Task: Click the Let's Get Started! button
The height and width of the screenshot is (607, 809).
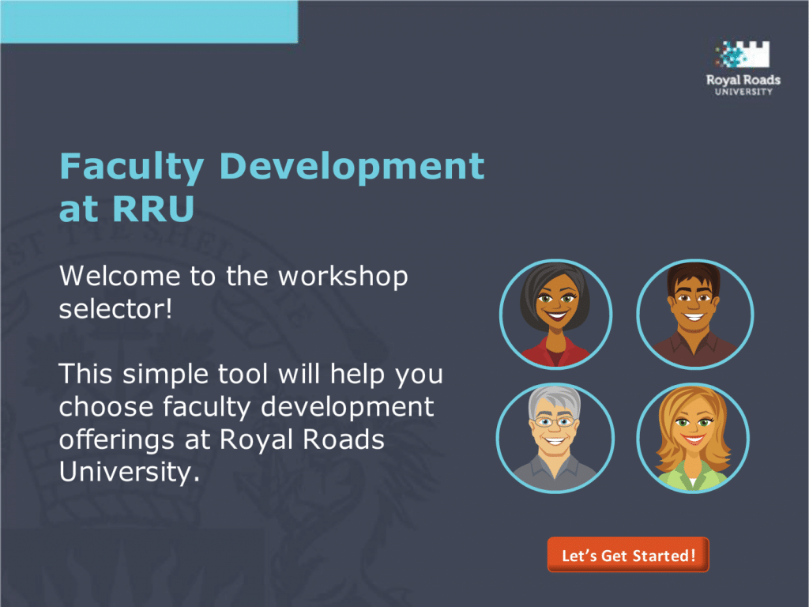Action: pyautogui.click(x=628, y=555)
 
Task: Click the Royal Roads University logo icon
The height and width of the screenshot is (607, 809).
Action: pyautogui.click(x=743, y=55)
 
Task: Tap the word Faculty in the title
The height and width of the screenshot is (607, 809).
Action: pyautogui.click(x=132, y=167)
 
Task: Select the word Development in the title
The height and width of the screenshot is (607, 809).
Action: pyautogui.click(x=352, y=166)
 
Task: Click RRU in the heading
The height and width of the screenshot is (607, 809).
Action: pyautogui.click(x=152, y=209)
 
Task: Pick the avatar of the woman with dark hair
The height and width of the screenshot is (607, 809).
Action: pyautogui.click(x=555, y=315)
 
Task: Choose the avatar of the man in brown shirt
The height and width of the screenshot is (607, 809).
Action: pyautogui.click(x=694, y=315)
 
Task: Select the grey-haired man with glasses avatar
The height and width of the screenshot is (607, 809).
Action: pyautogui.click(x=555, y=438)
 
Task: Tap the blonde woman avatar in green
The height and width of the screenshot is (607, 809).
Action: pyautogui.click(x=693, y=438)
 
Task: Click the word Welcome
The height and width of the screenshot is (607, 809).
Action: pyautogui.click(x=120, y=276)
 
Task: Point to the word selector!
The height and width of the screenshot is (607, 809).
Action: pyautogui.click(x=115, y=309)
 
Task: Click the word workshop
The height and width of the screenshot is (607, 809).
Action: pyautogui.click(x=343, y=277)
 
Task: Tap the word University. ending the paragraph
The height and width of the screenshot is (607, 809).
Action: pyautogui.click(x=129, y=473)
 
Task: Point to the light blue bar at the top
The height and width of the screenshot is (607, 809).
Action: pyautogui.click(x=149, y=21)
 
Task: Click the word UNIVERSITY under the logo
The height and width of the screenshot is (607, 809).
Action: pyautogui.click(x=743, y=92)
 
